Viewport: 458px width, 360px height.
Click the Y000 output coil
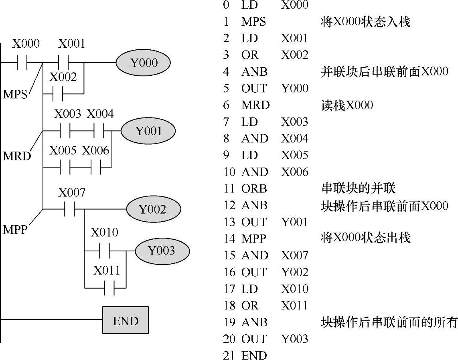point(143,63)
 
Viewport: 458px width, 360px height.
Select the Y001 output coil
point(148,131)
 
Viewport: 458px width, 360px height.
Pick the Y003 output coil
point(162,251)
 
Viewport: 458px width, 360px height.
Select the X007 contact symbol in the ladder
point(69,209)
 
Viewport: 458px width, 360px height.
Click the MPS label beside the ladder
point(15,95)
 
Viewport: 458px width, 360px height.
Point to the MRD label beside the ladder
point(17,156)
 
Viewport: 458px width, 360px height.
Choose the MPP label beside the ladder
point(15,230)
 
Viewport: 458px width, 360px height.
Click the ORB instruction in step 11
point(254,188)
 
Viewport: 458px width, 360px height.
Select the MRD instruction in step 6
point(255,105)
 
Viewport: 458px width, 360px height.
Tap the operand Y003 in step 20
point(294,339)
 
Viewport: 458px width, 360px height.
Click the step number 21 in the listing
point(229,356)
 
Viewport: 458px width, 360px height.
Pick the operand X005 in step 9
point(294,155)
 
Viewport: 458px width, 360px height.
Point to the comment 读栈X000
point(347,105)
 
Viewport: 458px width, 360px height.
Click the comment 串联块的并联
point(358,188)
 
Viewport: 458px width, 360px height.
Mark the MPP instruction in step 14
point(253,239)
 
